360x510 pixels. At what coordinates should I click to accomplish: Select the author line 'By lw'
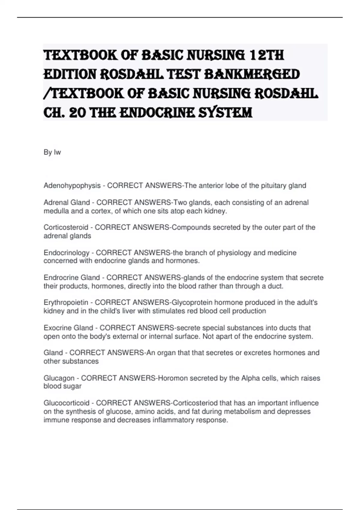click(x=52, y=152)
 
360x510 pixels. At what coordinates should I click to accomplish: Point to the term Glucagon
click(x=59, y=378)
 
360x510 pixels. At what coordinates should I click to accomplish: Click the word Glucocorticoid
click(x=67, y=403)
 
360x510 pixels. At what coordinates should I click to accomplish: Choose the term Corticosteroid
click(x=66, y=227)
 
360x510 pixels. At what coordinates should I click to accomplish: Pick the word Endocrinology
click(x=67, y=253)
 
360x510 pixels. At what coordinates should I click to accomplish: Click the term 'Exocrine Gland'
click(x=68, y=328)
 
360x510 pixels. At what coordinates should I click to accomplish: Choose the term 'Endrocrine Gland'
click(x=72, y=277)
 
